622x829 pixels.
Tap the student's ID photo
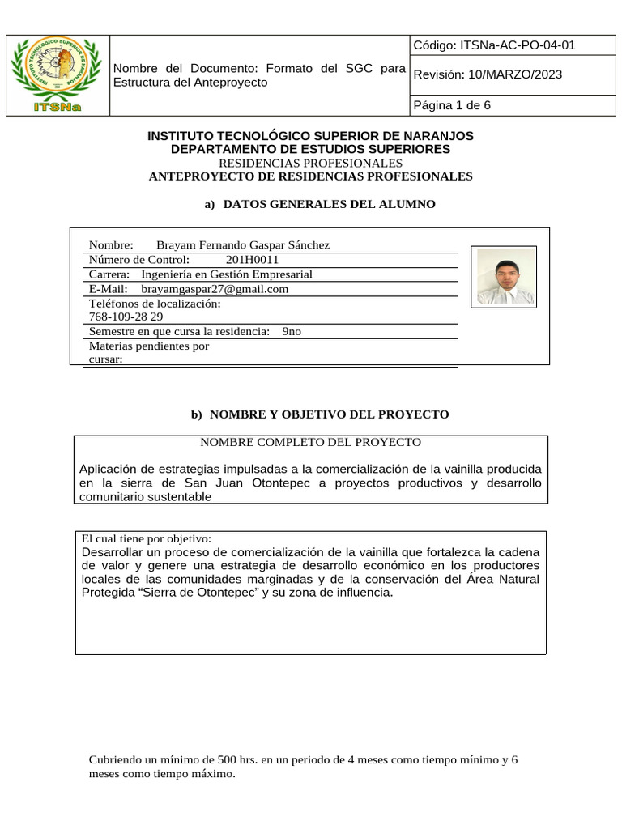(505, 277)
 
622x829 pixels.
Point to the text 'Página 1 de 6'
(452, 105)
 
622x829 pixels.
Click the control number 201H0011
(252, 260)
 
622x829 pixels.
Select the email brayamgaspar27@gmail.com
(215, 289)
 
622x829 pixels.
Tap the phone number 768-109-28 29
(126, 317)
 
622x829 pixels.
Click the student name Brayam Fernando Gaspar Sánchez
(242, 245)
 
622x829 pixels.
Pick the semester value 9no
(292, 332)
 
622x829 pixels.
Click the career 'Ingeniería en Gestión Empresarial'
(226, 274)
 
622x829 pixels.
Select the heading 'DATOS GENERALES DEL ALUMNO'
(329, 204)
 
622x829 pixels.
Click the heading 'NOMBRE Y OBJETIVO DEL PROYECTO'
(329, 414)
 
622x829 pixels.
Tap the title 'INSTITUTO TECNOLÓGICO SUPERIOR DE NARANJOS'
(310, 136)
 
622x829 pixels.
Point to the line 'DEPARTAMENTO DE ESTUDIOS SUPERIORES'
(310, 150)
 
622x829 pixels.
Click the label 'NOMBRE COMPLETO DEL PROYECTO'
(310, 442)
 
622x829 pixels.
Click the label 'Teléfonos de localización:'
(154, 304)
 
